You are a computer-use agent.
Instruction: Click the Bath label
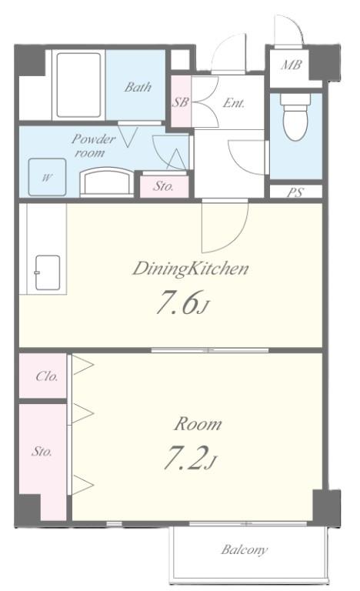(138, 87)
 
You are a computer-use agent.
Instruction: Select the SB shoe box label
(180, 102)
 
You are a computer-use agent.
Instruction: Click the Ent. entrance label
(233, 102)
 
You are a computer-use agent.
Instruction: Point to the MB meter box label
(290, 65)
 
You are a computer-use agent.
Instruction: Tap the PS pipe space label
(295, 192)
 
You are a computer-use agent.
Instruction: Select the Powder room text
(93, 145)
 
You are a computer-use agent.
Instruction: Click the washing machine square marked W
(47, 177)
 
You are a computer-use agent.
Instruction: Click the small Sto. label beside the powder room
(162, 185)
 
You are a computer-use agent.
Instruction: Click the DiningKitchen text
(189, 269)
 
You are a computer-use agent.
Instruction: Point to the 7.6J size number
(182, 304)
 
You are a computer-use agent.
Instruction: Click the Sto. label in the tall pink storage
(42, 452)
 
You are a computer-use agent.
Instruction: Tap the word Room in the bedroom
(197, 423)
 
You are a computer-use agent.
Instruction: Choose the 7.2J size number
(189, 459)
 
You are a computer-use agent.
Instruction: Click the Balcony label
(245, 549)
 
